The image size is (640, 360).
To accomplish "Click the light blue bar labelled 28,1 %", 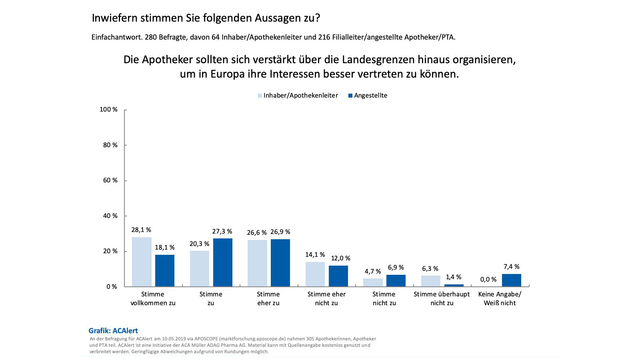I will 142,262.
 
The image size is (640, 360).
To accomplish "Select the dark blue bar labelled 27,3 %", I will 222,262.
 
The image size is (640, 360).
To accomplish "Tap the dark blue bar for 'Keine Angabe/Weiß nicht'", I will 511,280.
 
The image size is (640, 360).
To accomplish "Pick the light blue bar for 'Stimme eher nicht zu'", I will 315,274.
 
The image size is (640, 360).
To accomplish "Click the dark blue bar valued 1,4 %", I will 454,285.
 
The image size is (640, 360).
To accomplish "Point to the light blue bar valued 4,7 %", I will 373,282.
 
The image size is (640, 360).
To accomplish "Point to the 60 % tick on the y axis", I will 110,180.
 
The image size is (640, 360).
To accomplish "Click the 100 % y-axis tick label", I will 108,110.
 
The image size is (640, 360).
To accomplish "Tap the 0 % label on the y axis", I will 112,287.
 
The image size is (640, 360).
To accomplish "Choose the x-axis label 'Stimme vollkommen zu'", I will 153,298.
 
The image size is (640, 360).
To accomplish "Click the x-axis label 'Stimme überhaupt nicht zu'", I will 442,298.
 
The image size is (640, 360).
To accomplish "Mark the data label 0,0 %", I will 488,280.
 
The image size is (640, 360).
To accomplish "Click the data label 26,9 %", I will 280,232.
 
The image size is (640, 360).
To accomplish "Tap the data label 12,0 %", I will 340,258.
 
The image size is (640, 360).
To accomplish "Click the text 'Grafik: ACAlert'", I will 113,331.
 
